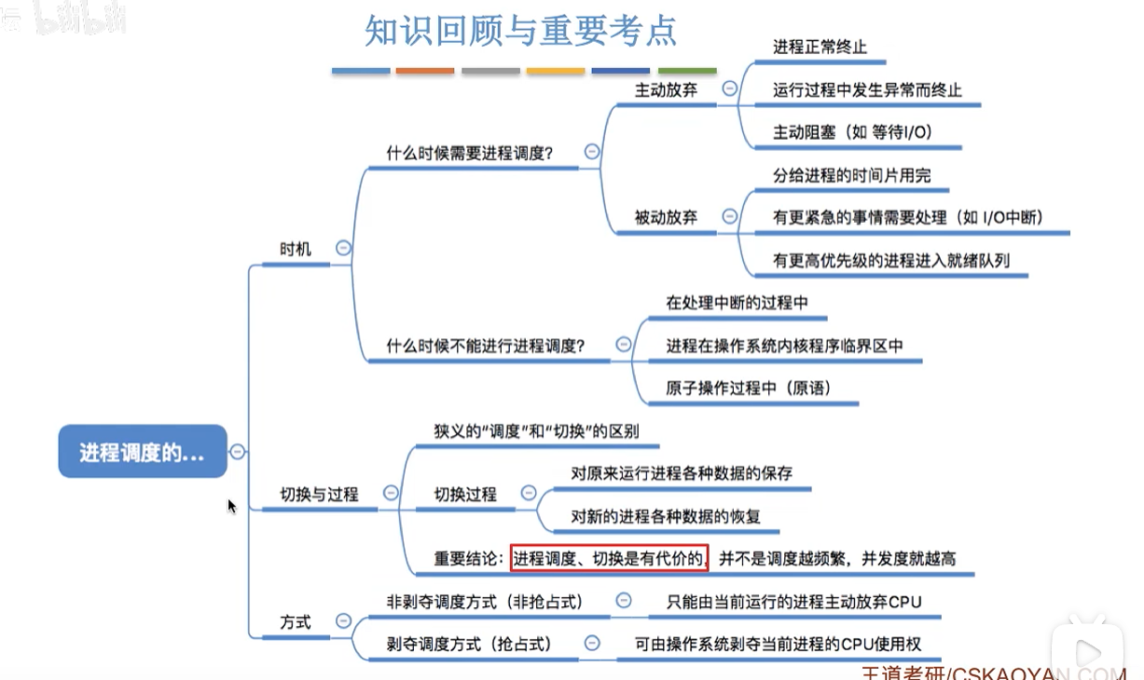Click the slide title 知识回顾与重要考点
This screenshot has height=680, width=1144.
tap(520, 31)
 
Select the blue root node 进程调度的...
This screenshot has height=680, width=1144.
tap(142, 452)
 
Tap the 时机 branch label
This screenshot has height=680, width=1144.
tap(296, 249)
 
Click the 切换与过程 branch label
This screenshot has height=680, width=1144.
tap(319, 494)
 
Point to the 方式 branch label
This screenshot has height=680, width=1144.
tap(296, 621)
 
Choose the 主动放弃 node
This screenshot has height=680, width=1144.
tap(666, 90)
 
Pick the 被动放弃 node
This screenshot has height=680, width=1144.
tap(666, 217)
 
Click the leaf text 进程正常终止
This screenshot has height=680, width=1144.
tap(820, 47)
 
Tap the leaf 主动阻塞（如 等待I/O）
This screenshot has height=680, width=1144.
tap(852, 132)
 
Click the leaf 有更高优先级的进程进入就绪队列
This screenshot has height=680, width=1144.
tap(890, 261)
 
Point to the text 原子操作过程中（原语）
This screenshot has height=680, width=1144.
tap(748, 388)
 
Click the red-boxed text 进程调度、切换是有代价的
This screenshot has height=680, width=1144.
tap(610, 558)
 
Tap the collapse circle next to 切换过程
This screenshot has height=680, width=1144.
tap(529, 493)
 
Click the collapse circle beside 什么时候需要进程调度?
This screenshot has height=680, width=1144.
tap(591, 152)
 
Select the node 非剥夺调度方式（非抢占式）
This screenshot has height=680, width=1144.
tap(484, 602)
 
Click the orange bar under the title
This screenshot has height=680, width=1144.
tap(425, 71)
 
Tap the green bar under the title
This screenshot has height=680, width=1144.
tap(687, 71)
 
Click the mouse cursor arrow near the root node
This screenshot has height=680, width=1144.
tap(231, 506)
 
